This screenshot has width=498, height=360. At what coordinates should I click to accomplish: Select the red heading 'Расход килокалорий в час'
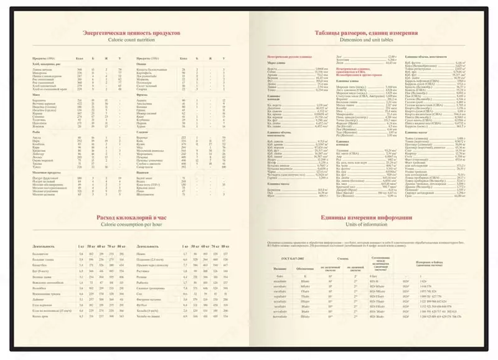tap(132, 216)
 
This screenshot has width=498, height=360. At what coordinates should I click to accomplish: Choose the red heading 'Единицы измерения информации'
tap(365, 218)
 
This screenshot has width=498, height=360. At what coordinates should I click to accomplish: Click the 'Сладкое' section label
tap(142, 131)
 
